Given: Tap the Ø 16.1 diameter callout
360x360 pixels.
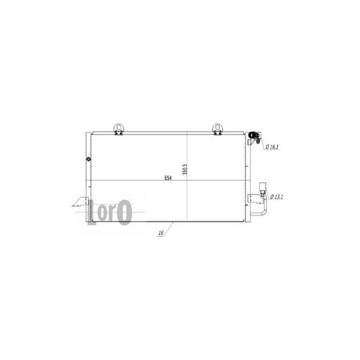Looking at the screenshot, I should tap(274, 146).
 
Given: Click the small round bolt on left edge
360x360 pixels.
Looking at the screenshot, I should tap(88, 159).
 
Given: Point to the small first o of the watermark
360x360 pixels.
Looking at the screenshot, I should tap(105, 211).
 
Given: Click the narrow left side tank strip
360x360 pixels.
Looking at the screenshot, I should tap(84, 176).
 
